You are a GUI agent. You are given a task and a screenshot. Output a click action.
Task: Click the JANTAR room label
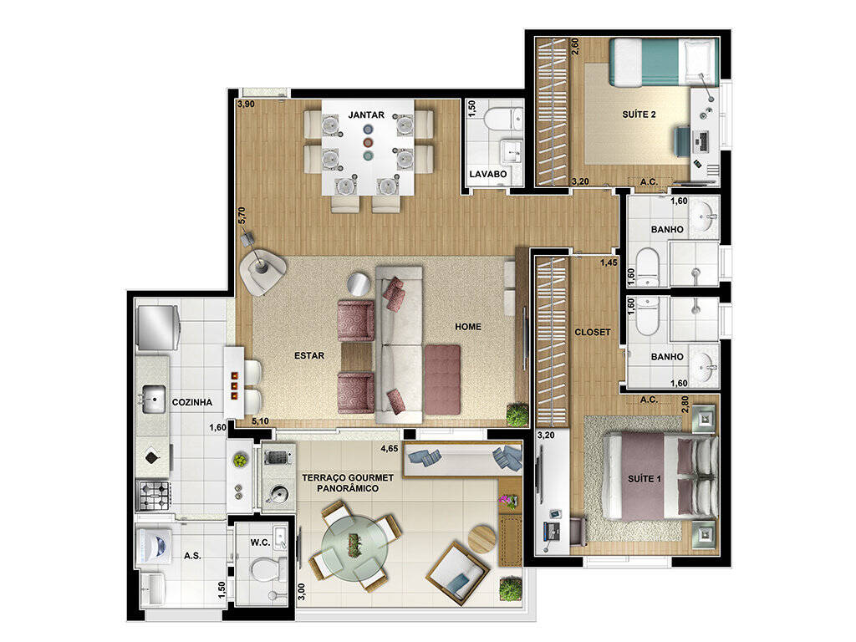[x=366, y=115]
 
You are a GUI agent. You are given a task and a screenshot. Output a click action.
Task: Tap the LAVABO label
[x=487, y=175]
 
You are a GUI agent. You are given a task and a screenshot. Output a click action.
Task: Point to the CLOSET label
[x=593, y=332]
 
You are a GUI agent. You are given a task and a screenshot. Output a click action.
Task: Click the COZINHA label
[x=192, y=402]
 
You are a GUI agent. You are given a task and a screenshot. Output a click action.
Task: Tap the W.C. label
[x=259, y=542]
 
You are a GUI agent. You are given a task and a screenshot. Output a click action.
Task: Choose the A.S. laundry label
[x=192, y=555]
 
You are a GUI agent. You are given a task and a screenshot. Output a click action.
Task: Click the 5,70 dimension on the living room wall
[x=242, y=216]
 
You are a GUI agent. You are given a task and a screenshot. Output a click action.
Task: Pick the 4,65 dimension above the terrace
[x=390, y=449]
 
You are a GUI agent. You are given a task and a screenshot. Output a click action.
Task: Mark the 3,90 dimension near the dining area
[x=246, y=105]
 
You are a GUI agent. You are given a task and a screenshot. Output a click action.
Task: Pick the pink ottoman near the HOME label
[x=443, y=378]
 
